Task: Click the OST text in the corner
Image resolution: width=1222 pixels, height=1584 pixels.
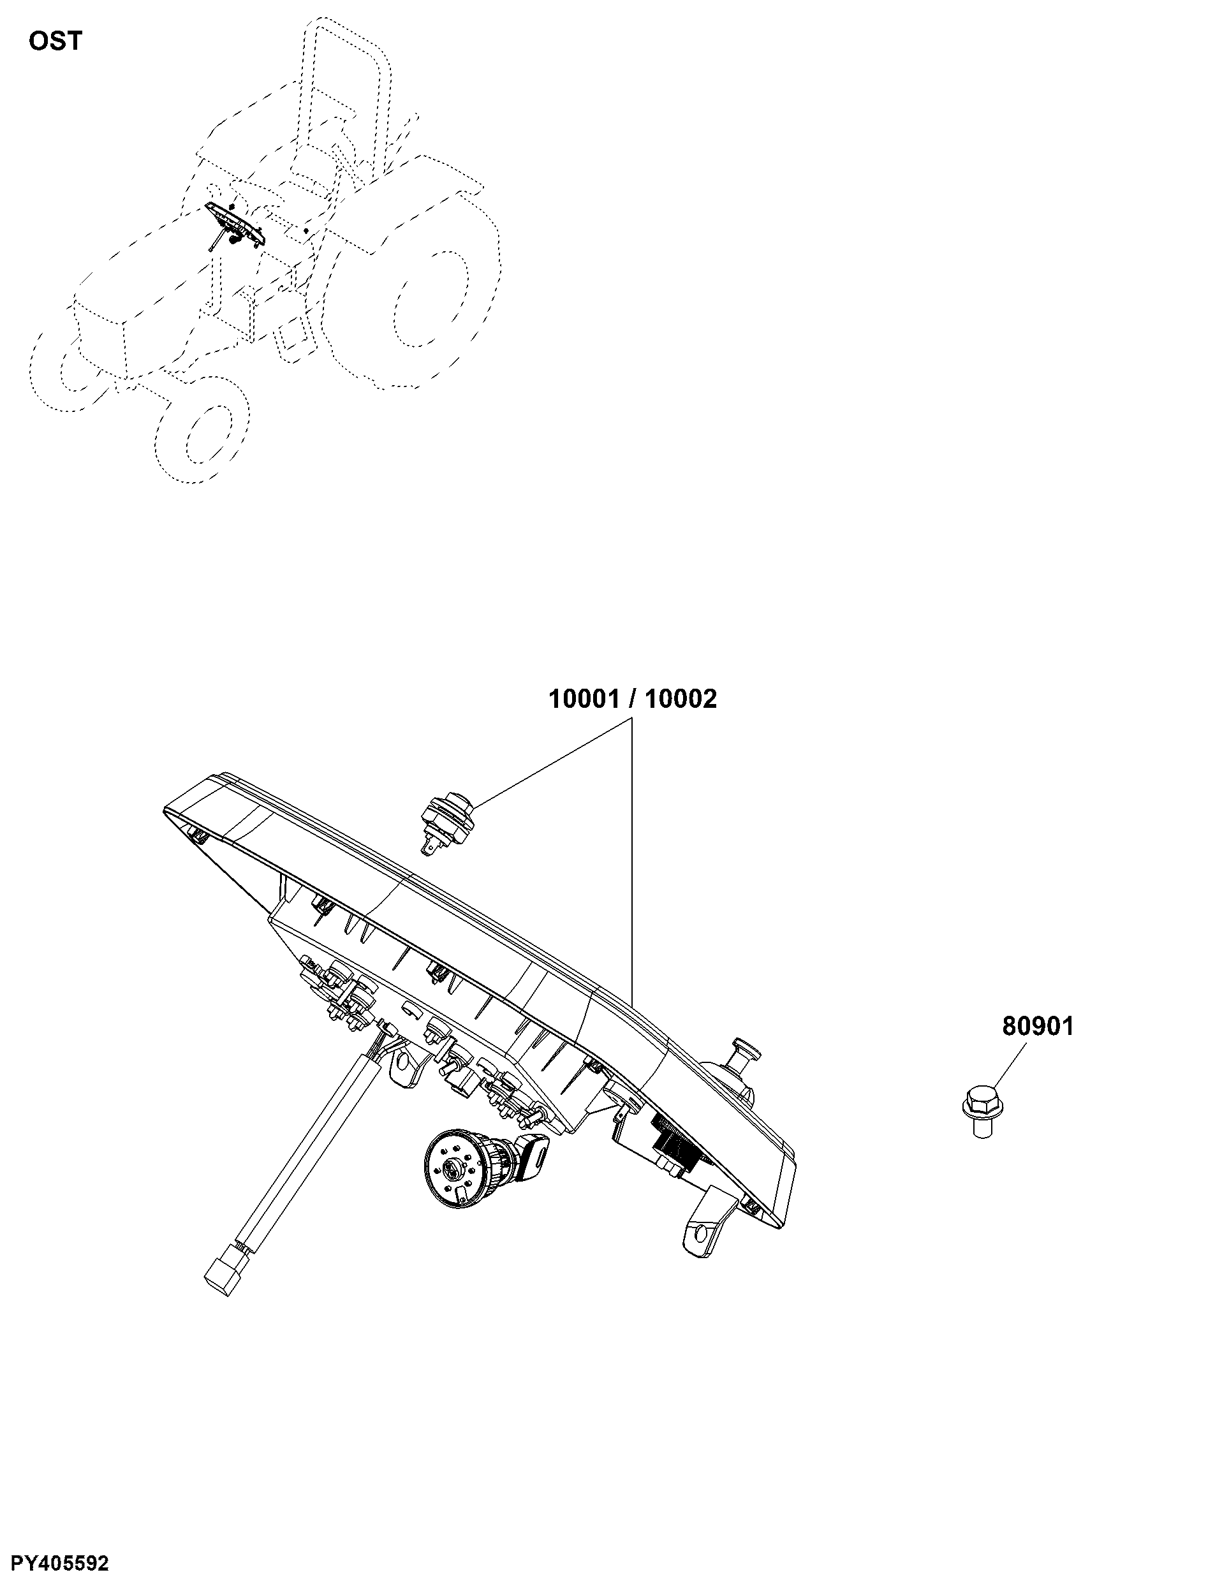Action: [x=55, y=41]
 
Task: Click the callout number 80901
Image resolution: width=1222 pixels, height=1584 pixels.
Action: [x=1038, y=1026]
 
